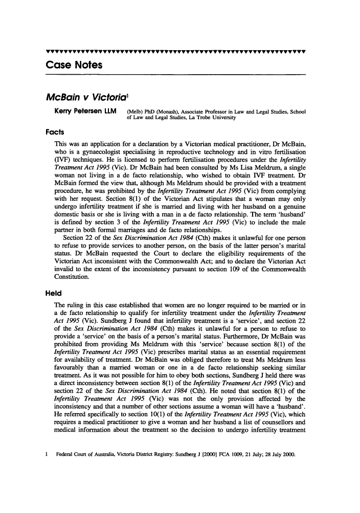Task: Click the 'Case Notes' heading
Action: (74, 65)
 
